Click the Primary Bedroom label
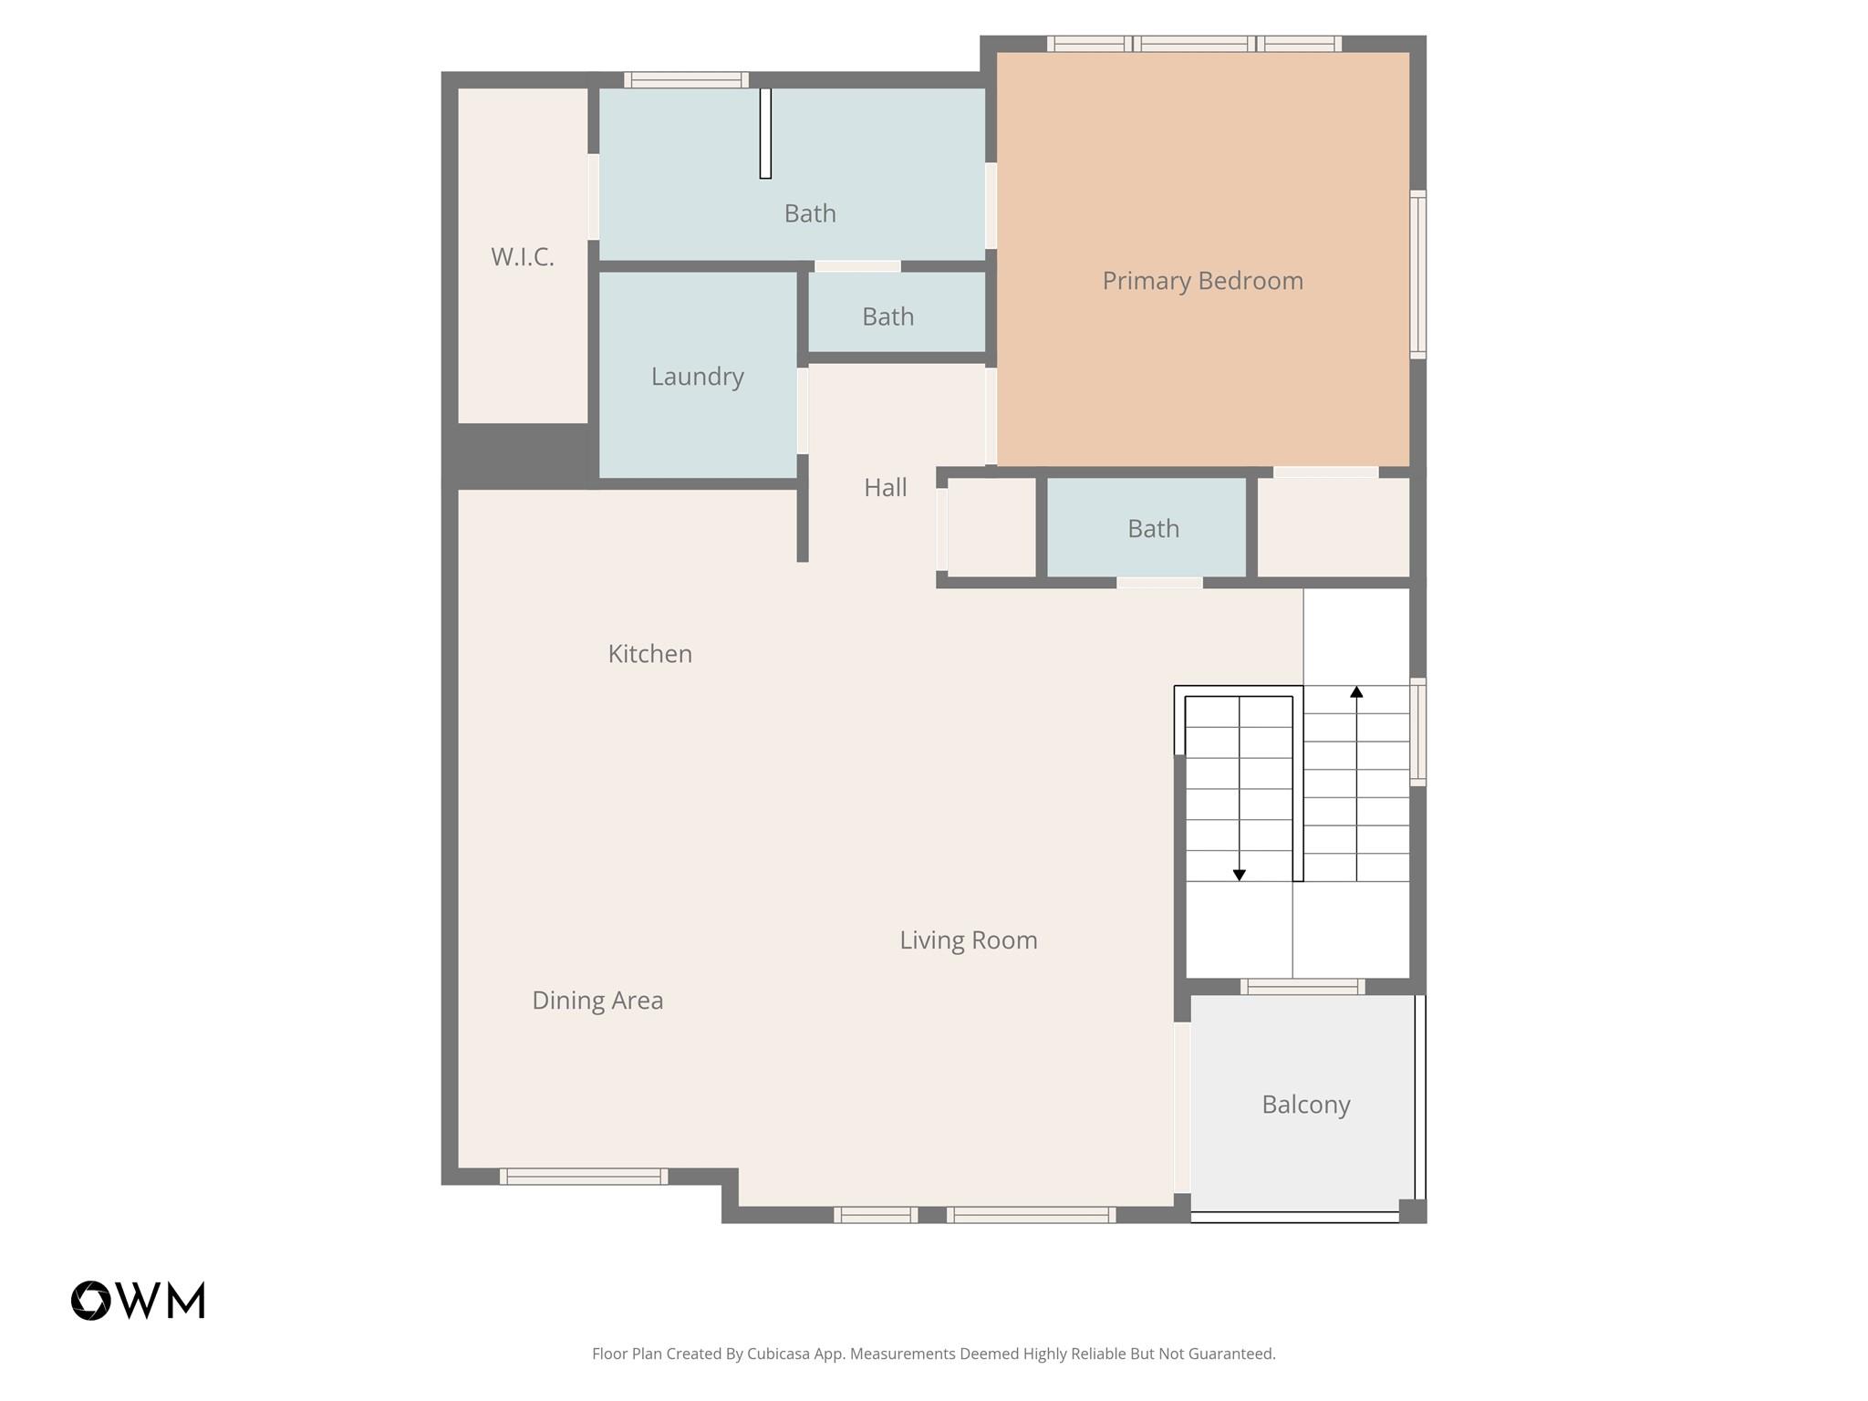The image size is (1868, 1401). (1202, 281)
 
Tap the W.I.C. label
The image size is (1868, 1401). (523, 257)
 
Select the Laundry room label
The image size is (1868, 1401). (698, 377)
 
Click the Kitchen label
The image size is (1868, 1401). (650, 654)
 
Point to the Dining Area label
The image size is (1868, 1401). (597, 1001)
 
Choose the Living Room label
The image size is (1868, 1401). (969, 940)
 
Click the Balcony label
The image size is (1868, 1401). (1305, 1105)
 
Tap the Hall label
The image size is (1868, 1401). (886, 488)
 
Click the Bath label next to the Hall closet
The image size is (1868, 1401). (1153, 529)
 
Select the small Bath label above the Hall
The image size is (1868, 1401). (887, 317)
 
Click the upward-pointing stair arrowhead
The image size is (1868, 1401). (1356, 692)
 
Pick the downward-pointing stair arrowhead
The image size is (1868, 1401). (1239, 875)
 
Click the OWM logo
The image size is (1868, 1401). (139, 1301)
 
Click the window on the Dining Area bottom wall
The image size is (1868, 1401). (584, 1177)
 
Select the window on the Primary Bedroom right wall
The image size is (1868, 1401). (1417, 274)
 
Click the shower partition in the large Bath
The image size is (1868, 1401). (765, 133)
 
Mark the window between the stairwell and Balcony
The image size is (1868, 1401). (1302, 986)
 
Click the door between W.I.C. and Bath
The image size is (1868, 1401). (593, 197)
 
